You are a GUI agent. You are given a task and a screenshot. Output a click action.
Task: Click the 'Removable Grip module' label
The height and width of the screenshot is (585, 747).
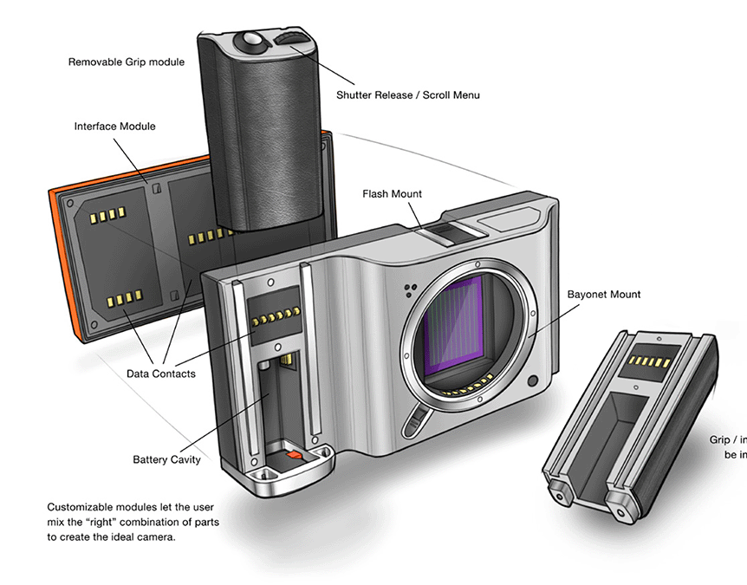(127, 62)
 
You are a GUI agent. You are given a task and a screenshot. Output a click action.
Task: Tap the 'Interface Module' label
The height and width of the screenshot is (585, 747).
(115, 127)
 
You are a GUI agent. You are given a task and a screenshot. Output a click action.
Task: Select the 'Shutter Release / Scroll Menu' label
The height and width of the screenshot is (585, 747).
(407, 94)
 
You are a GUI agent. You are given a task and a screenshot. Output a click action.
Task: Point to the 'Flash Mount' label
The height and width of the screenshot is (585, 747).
(393, 194)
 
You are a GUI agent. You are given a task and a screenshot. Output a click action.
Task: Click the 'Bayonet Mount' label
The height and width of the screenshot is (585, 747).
(604, 295)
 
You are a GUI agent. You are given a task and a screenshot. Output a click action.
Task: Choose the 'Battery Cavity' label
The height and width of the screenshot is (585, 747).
(166, 459)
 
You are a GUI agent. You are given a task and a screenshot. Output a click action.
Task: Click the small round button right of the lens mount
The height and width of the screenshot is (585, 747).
(532, 380)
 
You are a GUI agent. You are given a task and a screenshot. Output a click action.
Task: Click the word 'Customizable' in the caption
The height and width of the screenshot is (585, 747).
(80, 507)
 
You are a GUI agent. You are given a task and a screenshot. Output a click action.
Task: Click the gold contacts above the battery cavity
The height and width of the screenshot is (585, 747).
(276, 315)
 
